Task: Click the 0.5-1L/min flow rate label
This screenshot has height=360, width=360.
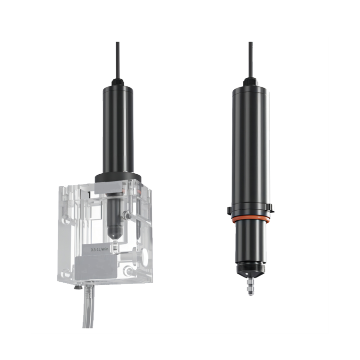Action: (x=99, y=249)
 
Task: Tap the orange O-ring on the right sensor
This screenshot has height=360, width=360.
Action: (x=250, y=219)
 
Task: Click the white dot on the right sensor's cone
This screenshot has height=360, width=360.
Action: (x=246, y=274)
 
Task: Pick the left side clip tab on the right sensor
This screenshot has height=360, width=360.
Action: (x=229, y=209)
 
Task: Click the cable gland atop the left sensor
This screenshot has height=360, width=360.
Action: (x=118, y=82)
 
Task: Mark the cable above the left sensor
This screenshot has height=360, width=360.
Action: (x=118, y=60)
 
